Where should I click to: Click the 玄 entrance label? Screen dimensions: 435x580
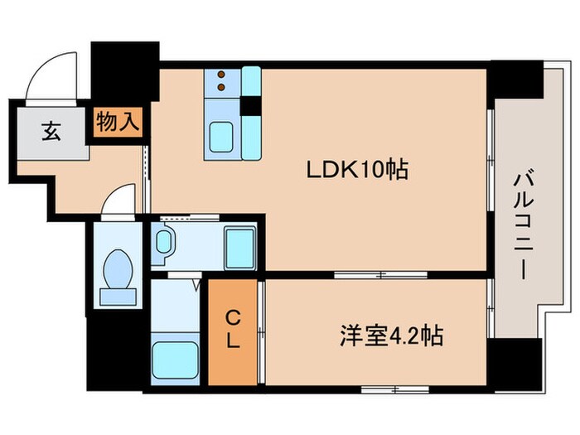coord(52,131)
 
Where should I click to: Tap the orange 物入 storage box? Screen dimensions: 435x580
coord(117,122)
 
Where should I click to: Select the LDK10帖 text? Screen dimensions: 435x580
coord(359,170)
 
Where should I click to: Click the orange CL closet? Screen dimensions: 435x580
coord(233,331)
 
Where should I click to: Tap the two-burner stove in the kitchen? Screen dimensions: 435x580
coord(223,81)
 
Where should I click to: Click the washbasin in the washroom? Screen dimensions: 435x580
coord(165,243)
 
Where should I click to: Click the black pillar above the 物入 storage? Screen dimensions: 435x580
coord(124,70)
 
